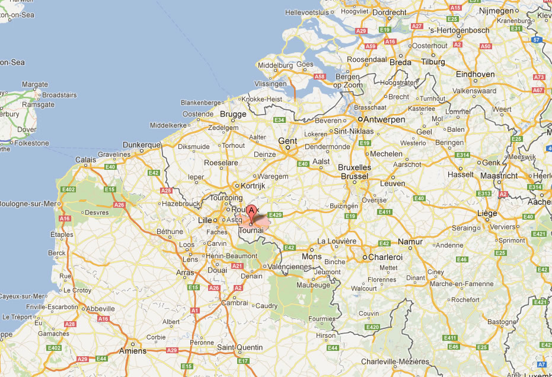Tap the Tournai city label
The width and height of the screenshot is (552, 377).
pos(251,230)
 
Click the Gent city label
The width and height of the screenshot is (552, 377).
pos(288,141)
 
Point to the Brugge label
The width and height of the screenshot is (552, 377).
pos(233,114)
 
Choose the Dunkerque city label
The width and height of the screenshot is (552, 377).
pos(142,145)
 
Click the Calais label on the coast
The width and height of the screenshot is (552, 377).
pos(86,159)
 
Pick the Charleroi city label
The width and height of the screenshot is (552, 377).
pos(385,257)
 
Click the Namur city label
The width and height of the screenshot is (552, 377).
pos(394,242)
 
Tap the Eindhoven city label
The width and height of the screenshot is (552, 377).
pos(476,74)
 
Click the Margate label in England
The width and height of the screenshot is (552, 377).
pos(35,85)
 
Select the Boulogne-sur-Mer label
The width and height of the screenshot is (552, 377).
pos(28,204)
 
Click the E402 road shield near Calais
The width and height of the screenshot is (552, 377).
pos(69,189)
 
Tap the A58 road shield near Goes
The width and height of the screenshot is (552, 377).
pos(320,77)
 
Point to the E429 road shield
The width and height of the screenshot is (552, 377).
pos(275,215)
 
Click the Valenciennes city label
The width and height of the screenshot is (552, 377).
pos(290,267)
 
